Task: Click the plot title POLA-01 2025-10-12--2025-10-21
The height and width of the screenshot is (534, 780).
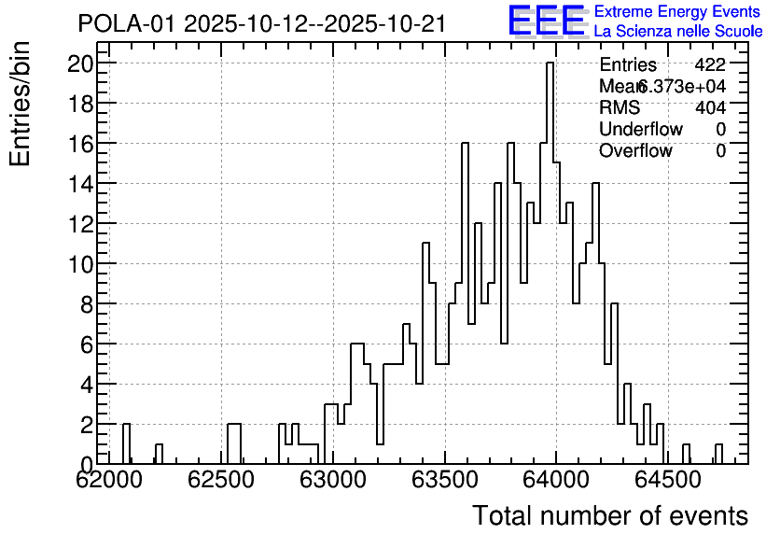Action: pos(262,23)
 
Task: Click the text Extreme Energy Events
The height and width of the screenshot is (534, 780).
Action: pos(676,12)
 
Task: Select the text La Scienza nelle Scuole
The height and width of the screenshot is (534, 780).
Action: pos(678,32)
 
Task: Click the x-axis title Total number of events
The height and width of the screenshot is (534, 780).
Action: pos(609,515)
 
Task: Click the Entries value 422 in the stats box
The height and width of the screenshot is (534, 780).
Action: pos(710,65)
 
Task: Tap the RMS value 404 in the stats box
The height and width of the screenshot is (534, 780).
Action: pos(710,107)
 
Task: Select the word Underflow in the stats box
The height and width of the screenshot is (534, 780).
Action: pos(641,129)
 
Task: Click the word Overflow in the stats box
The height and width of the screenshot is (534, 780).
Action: pos(635,150)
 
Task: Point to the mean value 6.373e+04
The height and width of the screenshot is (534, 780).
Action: pos(682,87)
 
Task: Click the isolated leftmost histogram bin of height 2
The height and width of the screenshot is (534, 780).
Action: pos(126,443)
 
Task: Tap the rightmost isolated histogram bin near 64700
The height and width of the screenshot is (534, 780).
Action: pos(718,454)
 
